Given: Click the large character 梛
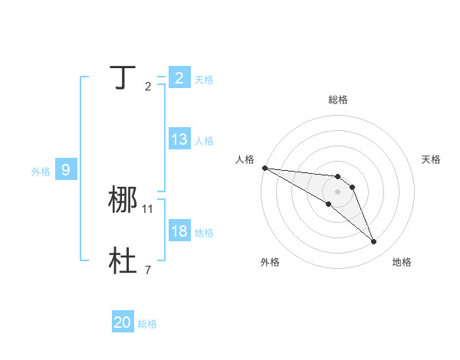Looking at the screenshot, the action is (x=123, y=200).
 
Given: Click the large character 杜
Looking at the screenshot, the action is (x=123, y=261).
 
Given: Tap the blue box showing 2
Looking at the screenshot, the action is (x=179, y=77).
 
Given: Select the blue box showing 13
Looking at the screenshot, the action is (x=179, y=139).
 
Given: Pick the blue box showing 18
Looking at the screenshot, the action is (x=179, y=231).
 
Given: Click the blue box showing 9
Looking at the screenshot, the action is (x=66, y=170).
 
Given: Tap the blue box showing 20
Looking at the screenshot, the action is (x=123, y=322).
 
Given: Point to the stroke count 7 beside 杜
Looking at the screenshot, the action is (x=147, y=270).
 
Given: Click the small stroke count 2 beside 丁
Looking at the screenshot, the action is (x=147, y=86).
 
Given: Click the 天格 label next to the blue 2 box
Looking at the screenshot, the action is (x=204, y=79).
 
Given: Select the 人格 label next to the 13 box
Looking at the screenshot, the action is (x=204, y=141).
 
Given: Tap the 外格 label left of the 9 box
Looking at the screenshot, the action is (x=41, y=172).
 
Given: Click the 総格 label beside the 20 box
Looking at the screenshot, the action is (x=147, y=324).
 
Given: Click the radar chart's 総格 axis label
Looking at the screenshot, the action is (x=338, y=100).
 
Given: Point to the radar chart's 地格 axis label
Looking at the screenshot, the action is (x=402, y=262).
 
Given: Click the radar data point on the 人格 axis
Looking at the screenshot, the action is (x=264, y=168).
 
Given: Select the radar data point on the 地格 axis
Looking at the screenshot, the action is (x=374, y=242).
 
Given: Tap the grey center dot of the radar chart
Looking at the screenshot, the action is (x=338, y=191).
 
